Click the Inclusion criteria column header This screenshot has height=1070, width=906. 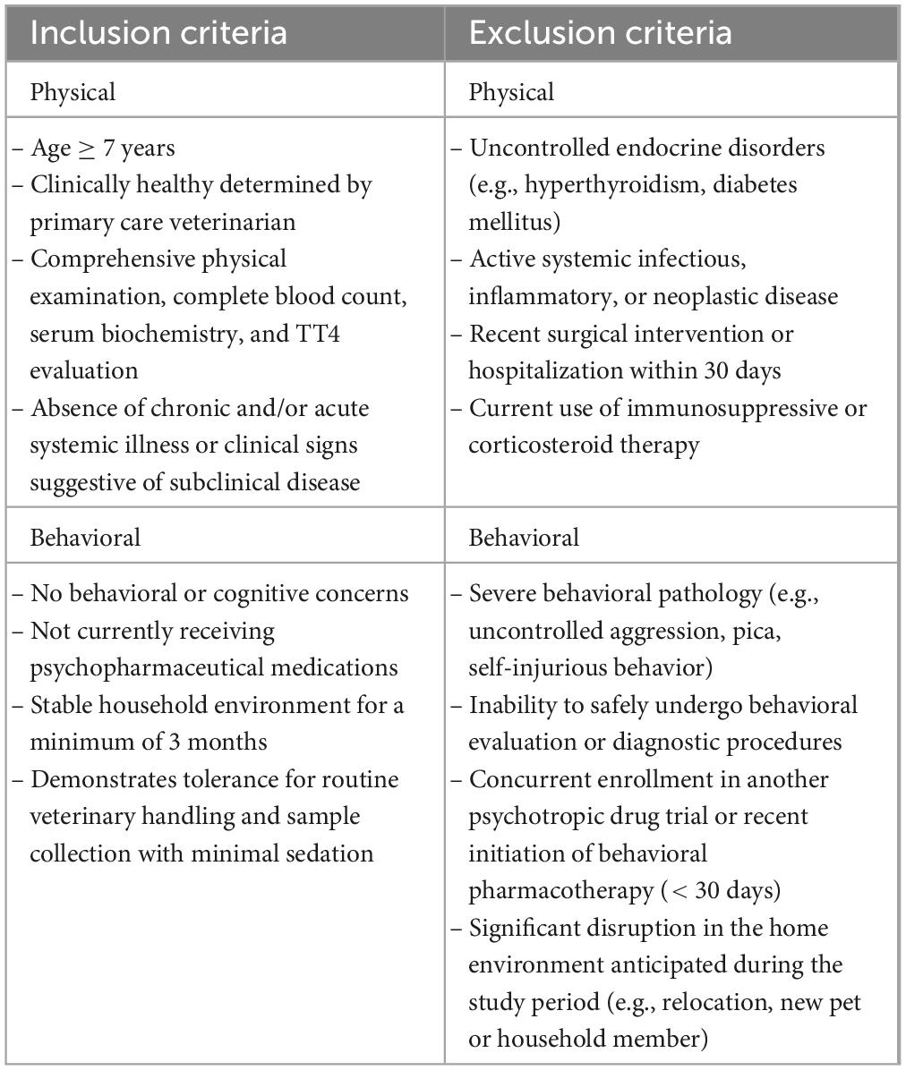[158, 32]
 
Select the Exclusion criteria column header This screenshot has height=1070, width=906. [600, 32]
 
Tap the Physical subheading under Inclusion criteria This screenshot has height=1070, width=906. [73, 91]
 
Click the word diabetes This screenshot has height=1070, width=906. [752, 185]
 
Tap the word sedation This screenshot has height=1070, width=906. [324, 853]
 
